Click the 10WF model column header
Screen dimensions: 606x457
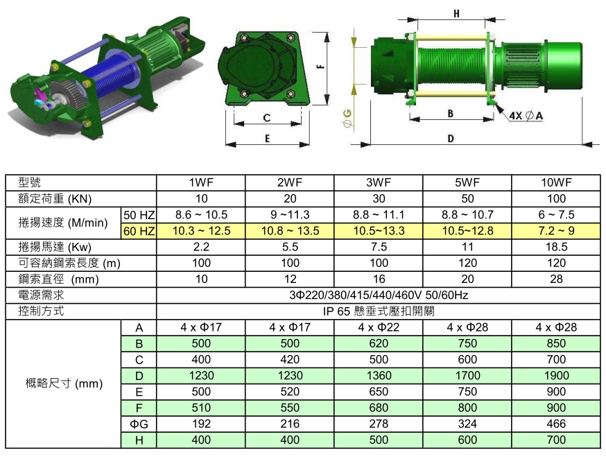tap(556, 182)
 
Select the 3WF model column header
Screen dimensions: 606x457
tap(379, 182)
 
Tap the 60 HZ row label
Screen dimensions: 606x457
tap(139, 231)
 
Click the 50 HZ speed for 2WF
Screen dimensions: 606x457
tap(290, 214)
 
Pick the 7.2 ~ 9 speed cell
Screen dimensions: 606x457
tap(556, 231)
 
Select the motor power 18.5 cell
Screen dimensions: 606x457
tap(556, 247)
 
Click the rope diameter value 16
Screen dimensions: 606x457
tap(379, 279)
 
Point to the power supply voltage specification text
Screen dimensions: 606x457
tap(379, 295)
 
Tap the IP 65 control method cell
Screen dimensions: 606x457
tap(379, 311)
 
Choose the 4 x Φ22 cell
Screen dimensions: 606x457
tap(379, 327)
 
